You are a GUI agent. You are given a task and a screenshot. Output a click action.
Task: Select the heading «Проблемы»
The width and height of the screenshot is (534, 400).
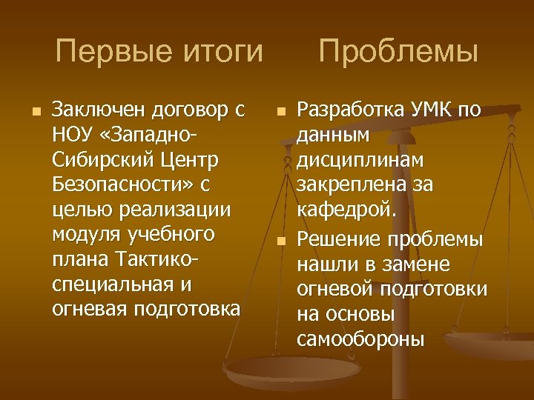click(398, 53)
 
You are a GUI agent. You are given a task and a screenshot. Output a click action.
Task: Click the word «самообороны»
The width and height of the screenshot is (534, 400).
click(360, 339)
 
